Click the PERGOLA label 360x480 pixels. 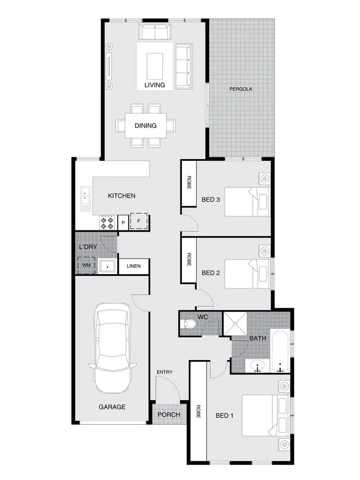240,89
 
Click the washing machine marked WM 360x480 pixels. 87,265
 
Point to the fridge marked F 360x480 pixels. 139,221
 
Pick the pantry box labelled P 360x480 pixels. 123,223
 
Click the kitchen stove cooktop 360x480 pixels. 107,222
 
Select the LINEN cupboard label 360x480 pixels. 134,266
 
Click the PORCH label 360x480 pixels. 168,415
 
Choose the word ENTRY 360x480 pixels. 164,372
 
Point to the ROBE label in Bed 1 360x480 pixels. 198,411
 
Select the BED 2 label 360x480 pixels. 211,273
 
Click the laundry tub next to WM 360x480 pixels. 106,265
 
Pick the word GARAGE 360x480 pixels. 112,407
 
